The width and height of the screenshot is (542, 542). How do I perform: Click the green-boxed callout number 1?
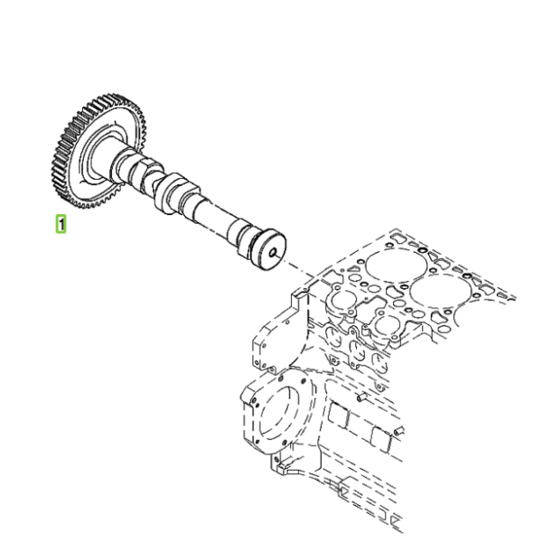pos(61,224)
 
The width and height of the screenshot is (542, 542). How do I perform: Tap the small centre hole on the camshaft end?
pos(273,253)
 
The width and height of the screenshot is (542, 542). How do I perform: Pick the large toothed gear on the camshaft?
pos(98,151)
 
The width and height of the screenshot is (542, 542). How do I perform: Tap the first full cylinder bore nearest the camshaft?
pos(397,266)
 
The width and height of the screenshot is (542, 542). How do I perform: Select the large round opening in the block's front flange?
pos(277,413)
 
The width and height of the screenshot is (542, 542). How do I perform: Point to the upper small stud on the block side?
pos(361,397)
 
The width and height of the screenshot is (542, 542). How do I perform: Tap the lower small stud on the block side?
pos(399,431)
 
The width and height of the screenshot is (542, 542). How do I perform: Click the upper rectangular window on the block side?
pos(339,415)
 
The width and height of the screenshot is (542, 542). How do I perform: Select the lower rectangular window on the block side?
pos(381,439)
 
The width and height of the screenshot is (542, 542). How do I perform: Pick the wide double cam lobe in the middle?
pos(176,192)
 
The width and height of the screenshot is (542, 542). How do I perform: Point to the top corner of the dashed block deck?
pos(397,229)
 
